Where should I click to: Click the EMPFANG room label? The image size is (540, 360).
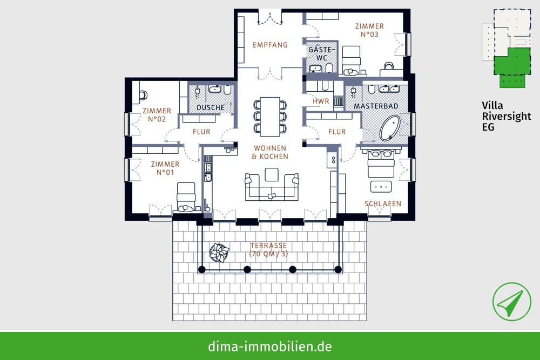point(270,45)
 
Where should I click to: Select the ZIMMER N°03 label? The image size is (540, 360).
point(370,30)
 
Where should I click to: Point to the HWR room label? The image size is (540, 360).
point(321,101)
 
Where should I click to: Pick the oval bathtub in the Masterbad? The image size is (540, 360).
point(390,128)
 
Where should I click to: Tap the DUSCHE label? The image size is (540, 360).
point(211,107)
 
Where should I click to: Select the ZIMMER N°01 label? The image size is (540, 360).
point(165,168)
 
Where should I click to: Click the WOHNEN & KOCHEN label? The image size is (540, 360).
point(270,152)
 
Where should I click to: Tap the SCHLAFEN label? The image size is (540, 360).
point(383,203)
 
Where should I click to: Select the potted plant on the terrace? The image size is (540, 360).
point(219,252)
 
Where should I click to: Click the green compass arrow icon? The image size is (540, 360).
point(511,302)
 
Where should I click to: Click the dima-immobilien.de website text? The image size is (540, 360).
point(270,346)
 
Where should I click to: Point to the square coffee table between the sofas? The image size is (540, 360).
point(272,174)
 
